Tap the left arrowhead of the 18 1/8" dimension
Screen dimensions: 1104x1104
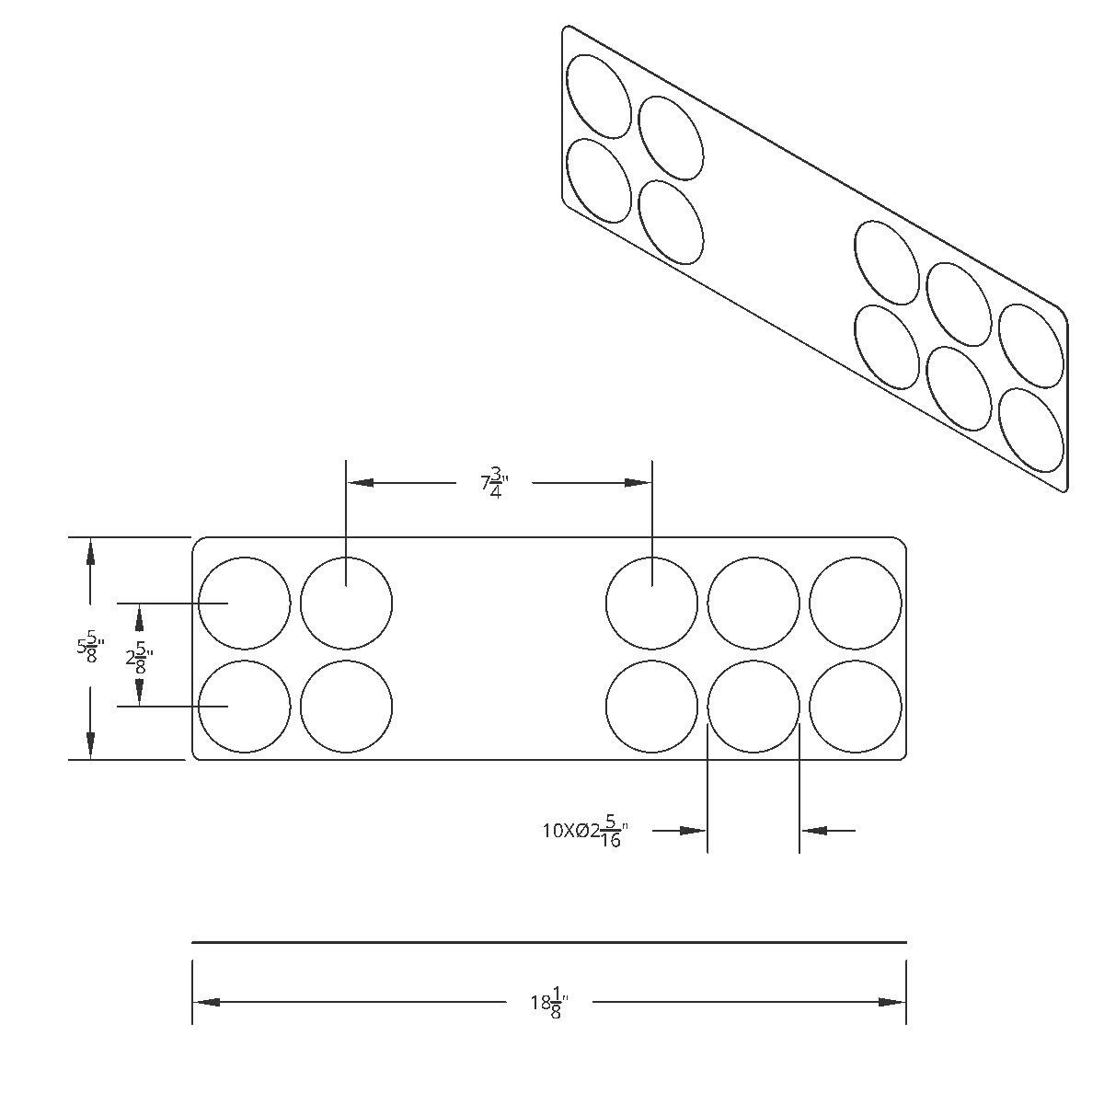[x=206, y=1002]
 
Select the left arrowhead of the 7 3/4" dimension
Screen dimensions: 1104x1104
[x=360, y=482]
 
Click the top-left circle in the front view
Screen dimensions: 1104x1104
[x=245, y=604]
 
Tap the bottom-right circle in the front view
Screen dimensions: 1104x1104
[x=856, y=707]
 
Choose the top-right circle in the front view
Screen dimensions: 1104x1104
[x=856, y=604]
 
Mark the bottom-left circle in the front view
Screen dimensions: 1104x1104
[x=245, y=707]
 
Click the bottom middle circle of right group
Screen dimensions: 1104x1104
[x=753, y=707]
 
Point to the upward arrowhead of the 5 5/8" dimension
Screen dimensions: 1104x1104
[x=90, y=551]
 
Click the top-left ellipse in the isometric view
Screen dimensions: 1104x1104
[x=599, y=96]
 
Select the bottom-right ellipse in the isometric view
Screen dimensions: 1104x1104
[x=1031, y=430]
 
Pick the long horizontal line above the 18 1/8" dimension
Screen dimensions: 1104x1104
[x=549, y=942]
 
